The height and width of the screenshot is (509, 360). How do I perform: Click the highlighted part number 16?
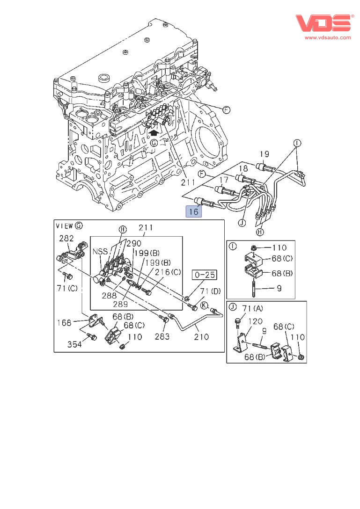tap(194, 211)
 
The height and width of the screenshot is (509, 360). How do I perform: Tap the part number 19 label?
tap(264, 154)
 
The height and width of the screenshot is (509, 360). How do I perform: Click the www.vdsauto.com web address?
tap(328, 37)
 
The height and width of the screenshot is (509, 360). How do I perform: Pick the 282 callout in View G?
tap(66, 238)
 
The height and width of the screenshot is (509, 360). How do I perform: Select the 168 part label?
tap(64, 322)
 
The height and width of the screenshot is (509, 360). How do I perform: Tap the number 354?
tap(74, 344)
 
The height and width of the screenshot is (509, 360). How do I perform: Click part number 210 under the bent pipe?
tap(202, 336)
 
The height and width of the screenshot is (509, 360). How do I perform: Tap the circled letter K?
tap(204, 306)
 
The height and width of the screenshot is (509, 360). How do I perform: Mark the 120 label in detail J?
tap(256, 322)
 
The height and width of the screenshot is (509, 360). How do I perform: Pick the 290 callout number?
tap(133, 244)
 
